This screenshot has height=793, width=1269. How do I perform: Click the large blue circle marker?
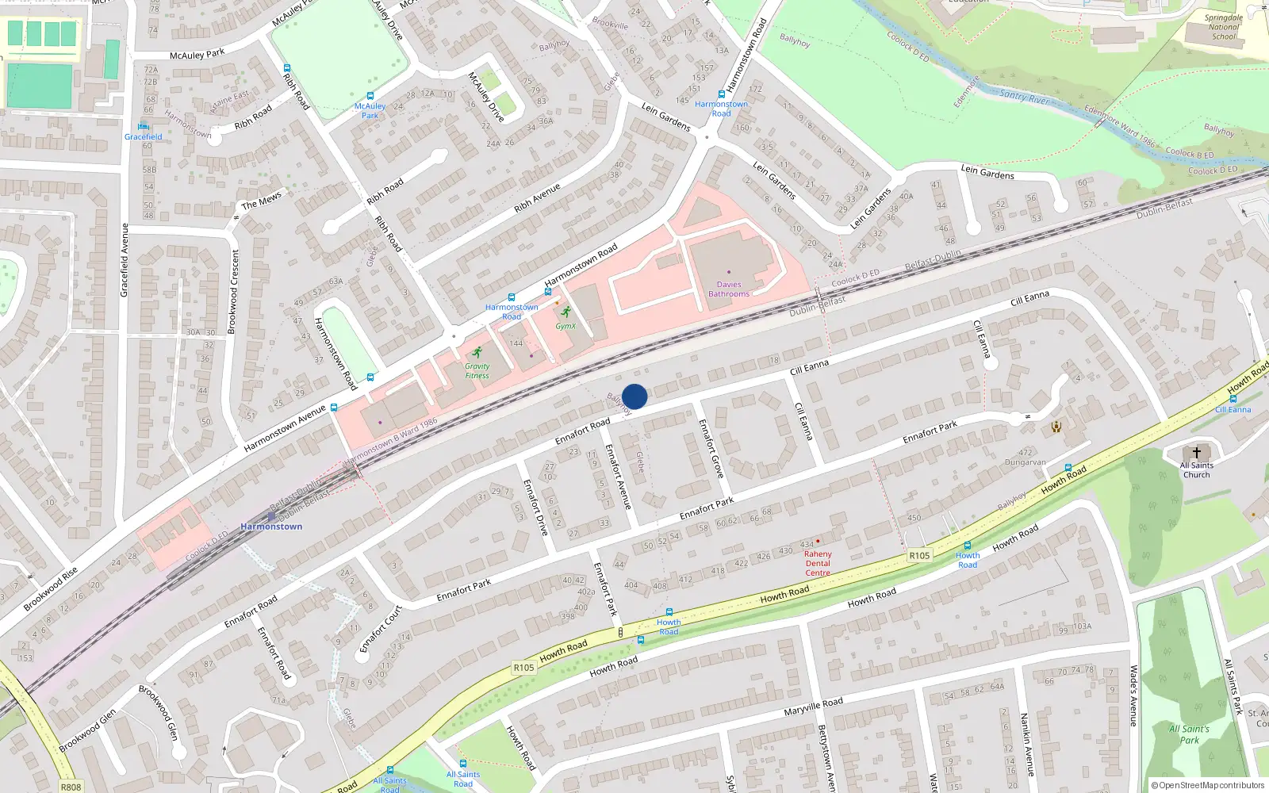click(634, 396)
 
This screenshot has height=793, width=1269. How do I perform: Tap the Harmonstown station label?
click(271, 527)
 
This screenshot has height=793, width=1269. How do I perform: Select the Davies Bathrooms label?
click(729, 289)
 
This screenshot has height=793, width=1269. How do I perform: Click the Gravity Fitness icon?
click(477, 353)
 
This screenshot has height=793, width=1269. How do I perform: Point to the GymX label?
click(565, 326)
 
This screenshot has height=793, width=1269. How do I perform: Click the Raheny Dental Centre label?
click(818, 563)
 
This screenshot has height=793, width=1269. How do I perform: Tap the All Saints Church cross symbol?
click(1197, 453)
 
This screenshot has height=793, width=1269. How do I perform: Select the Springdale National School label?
click(1223, 27)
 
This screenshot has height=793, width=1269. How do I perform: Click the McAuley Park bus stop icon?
click(370, 96)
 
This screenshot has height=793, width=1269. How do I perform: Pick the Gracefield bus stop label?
click(143, 136)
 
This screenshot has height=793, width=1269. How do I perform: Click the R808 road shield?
click(71, 787)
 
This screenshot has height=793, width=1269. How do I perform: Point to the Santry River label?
click(1024, 97)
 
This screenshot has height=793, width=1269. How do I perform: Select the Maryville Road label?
click(813, 706)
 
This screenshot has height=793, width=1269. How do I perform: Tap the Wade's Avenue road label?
click(1133, 695)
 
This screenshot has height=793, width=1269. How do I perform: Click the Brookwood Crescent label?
click(233, 291)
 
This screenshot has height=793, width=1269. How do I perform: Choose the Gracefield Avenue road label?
click(124, 260)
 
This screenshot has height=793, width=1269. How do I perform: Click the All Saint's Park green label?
click(1189, 734)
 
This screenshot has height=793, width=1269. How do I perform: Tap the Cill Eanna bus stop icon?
click(1233, 399)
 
